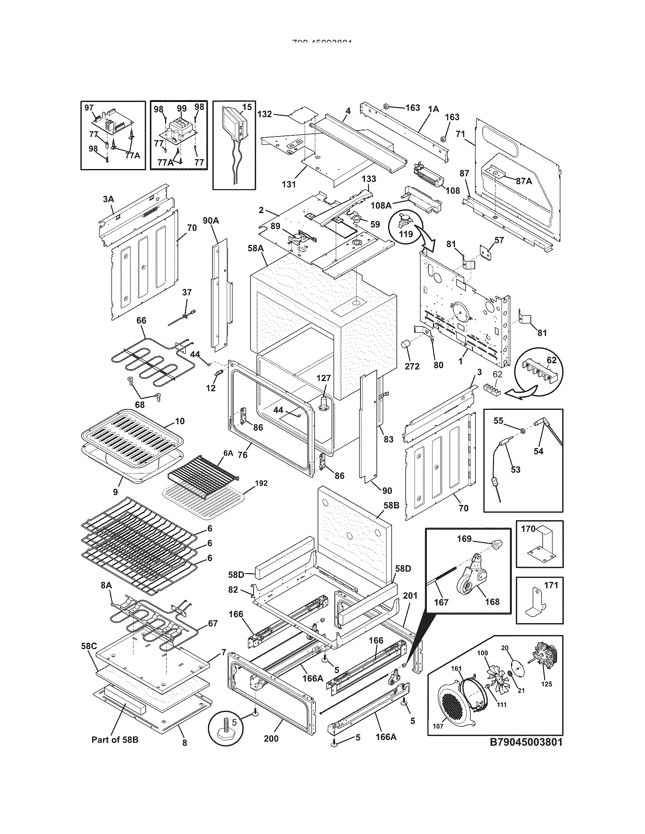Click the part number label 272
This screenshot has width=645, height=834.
click(412, 366)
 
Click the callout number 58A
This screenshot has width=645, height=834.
click(256, 248)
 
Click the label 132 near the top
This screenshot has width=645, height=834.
click(264, 114)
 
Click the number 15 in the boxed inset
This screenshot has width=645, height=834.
click(247, 107)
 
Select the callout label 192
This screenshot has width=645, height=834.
click(261, 483)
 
